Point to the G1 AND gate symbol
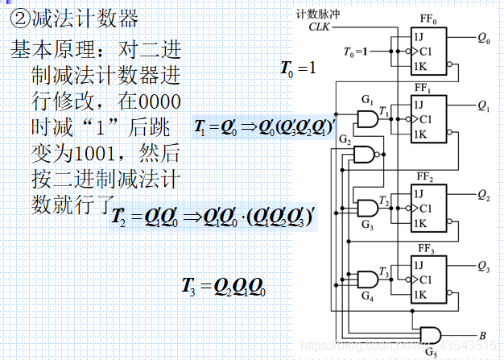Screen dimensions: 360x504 pyautogui.click(x=366, y=120)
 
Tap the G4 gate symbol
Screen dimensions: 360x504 pyautogui.click(x=366, y=279)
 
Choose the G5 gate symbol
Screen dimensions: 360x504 pyautogui.click(x=431, y=333)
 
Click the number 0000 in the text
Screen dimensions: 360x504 pyautogui.click(x=158, y=104)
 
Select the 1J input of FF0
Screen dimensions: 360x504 pyautogui.click(x=419, y=36)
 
